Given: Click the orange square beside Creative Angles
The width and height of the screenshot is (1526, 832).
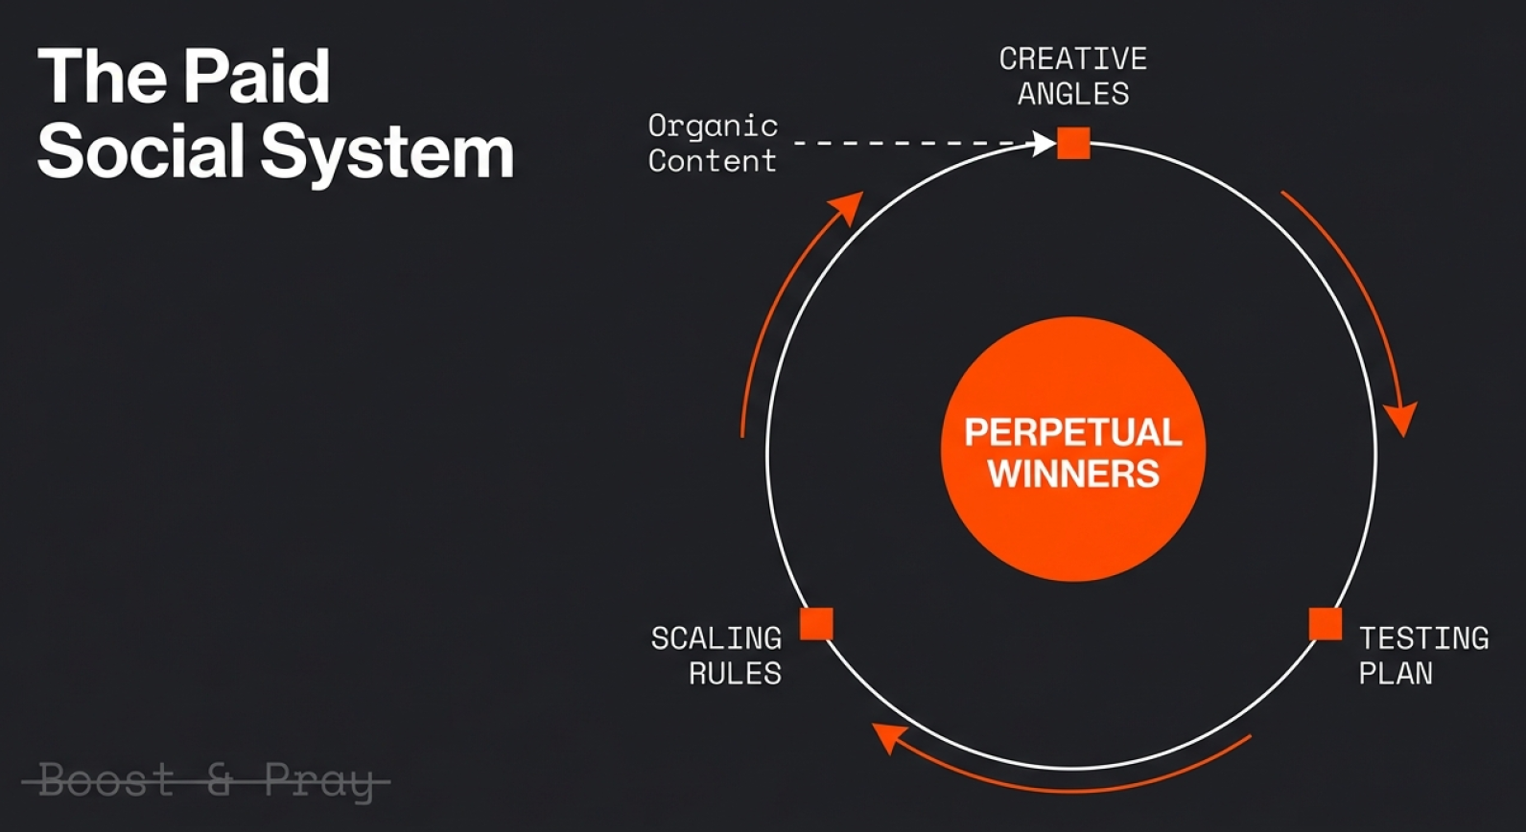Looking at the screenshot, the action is [x=1073, y=144].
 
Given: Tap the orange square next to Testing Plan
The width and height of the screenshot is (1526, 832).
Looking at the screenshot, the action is [x=1326, y=624].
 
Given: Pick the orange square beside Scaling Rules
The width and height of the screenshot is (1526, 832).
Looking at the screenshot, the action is [x=816, y=624].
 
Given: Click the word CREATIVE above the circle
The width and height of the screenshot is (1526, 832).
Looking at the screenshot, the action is [x=1072, y=59].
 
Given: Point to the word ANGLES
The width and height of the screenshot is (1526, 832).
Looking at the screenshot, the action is [x=1073, y=94].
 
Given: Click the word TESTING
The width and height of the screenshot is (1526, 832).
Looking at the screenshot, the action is [x=1423, y=638].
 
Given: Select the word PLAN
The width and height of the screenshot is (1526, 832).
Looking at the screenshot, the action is [x=1396, y=674].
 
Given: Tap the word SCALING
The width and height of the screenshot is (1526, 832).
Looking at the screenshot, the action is [x=716, y=638].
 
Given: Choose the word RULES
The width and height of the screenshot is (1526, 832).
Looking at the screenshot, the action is [x=735, y=674].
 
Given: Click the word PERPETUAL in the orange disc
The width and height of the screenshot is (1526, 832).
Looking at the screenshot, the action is [x=1072, y=432].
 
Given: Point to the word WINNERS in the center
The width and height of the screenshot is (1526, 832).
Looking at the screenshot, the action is [x=1073, y=474].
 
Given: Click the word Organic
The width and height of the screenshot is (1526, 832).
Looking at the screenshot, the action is [x=713, y=127].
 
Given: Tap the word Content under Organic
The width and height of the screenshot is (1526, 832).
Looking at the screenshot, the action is [x=712, y=161].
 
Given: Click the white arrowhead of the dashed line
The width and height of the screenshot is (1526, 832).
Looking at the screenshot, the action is [x=1044, y=144].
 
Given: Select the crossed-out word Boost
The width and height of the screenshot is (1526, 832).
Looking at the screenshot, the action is [x=106, y=780].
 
